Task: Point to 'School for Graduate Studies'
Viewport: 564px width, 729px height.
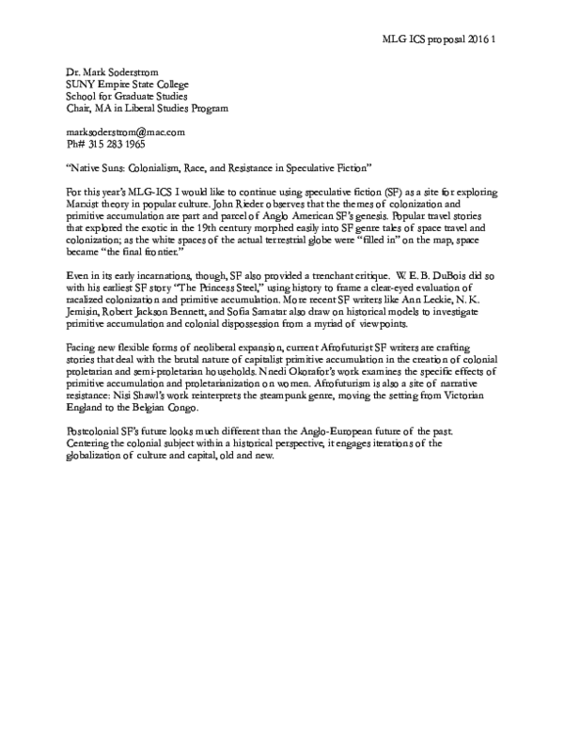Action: (113, 96)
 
